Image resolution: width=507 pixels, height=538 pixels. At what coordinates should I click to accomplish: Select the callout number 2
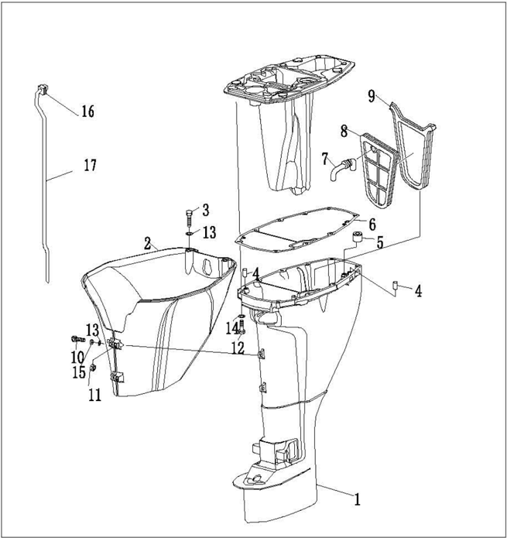(147, 242)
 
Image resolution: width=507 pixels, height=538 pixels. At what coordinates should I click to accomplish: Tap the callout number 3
(205, 209)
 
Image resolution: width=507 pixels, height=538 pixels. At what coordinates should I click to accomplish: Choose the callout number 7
(325, 159)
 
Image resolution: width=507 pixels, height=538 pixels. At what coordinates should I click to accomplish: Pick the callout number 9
(372, 97)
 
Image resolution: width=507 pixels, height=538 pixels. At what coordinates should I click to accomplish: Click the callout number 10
(76, 356)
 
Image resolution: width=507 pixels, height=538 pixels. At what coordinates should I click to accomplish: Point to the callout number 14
(230, 328)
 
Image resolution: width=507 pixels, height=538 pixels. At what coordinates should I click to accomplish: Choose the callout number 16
(87, 112)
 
